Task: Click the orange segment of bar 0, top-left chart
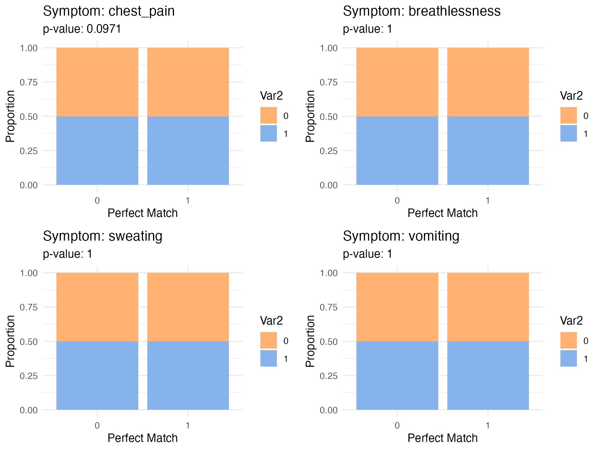(x=97, y=82)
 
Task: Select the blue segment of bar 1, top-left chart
(x=188, y=150)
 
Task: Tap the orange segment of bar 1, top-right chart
(x=488, y=82)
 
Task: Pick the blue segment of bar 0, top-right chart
(x=397, y=150)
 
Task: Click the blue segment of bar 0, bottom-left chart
(x=97, y=375)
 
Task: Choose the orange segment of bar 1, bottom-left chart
(x=188, y=307)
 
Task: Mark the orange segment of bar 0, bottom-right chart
(x=397, y=307)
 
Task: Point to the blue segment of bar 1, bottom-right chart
(x=488, y=375)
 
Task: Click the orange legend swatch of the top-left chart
(x=268, y=115)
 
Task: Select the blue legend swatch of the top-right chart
(x=568, y=133)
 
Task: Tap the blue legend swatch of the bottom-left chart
(x=268, y=358)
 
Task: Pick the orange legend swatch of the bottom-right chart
(x=568, y=340)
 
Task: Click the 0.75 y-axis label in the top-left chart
(x=29, y=82)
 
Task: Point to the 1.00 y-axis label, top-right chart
(x=329, y=48)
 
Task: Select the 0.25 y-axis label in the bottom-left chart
(x=29, y=376)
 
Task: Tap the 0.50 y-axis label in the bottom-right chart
(x=329, y=341)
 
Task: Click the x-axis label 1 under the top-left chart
(x=188, y=200)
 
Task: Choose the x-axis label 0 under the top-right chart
(x=397, y=200)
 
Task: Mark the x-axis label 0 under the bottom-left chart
(x=97, y=425)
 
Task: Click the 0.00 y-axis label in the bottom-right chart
(x=329, y=410)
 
